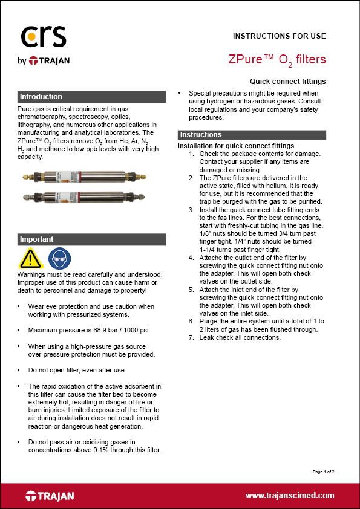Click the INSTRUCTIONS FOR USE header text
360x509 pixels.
[x=279, y=36]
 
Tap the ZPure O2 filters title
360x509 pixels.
[x=277, y=60]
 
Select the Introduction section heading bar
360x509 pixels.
[x=91, y=97]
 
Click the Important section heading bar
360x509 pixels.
[x=91, y=239]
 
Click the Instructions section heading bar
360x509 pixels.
[x=252, y=135]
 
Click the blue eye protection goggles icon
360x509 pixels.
[x=56, y=258]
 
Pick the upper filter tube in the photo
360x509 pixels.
[x=91, y=180]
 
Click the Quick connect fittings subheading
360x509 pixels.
[x=287, y=81]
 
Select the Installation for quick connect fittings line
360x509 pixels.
[x=236, y=146]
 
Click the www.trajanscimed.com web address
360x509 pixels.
[x=290, y=496]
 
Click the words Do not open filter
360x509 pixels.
[x=58, y=369]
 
